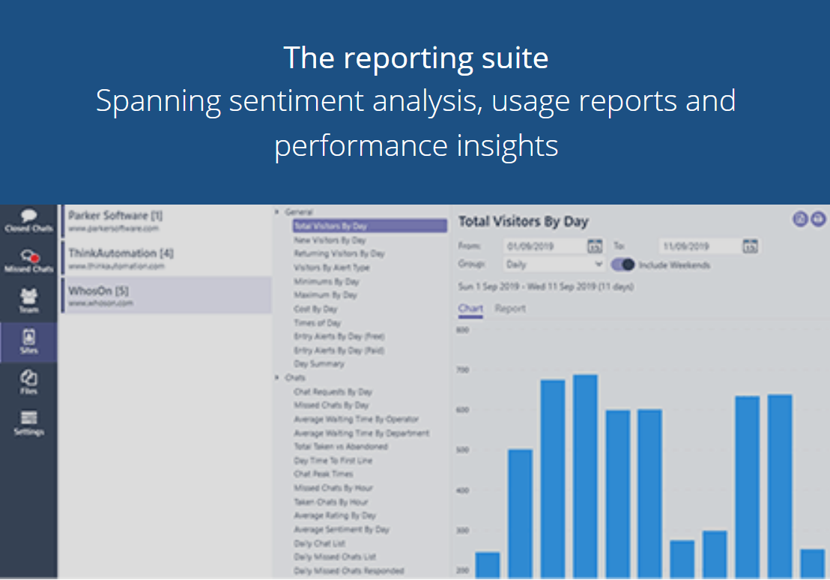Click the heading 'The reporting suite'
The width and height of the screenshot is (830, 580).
[x=415, y=58]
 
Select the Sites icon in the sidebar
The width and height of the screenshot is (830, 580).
[x=28, y=342]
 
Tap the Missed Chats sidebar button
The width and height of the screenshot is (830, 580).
[x=28, y=261]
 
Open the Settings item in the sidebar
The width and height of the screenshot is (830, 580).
[x=28, y=423]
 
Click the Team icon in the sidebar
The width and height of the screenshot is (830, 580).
[x=28, y=301]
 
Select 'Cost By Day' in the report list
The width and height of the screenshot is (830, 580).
[x=315, y=309]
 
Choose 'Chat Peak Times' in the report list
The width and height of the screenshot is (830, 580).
[x=324, y=474]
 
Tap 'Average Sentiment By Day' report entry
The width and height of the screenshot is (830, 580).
[x=342, y=530]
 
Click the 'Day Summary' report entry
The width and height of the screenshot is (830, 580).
[x=319, y=364]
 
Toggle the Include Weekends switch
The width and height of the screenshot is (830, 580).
[x=623, y=265]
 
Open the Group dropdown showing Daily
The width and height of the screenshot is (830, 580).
[x=554, y=265]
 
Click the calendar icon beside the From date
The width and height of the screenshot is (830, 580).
[x=595, y=246]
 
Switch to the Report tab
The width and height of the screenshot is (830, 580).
[x=510, y=309]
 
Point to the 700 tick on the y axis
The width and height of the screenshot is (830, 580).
[x=462, y=370]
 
